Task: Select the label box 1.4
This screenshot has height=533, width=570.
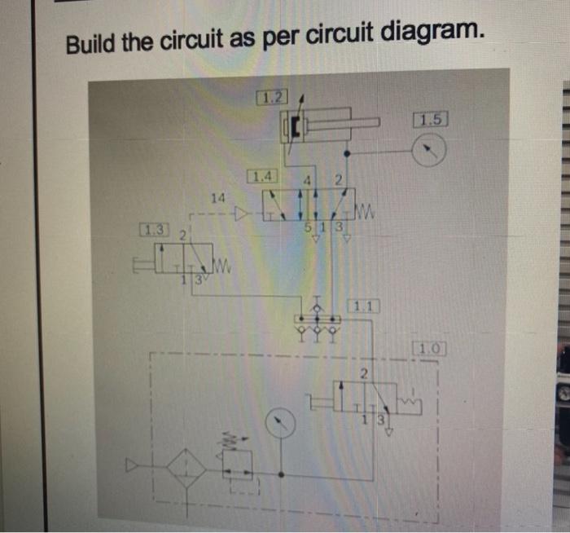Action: click(264, 176)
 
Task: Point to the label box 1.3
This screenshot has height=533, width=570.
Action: click(153, 230)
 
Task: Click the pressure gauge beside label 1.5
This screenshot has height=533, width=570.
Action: click(429, 150)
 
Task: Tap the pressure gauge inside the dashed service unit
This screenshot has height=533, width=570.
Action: click(281, 421)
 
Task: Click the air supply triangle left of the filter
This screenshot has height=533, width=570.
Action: click(132, 467)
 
